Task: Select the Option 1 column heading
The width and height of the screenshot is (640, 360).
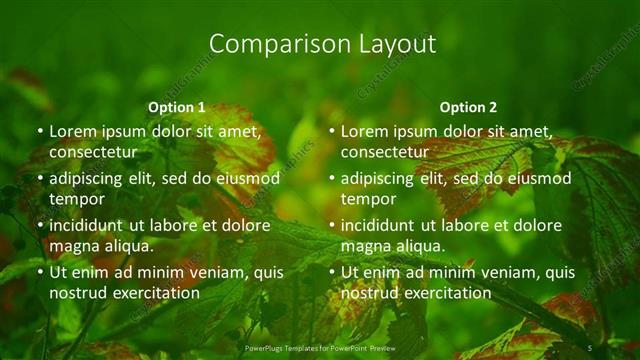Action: point(176,107)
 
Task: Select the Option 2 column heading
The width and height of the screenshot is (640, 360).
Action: point(468,107)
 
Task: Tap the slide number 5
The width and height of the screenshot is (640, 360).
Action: point(590,346)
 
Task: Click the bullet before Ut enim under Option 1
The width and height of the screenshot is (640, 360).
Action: point(40,273)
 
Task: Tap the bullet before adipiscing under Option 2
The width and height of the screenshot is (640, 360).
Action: point(332,179)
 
